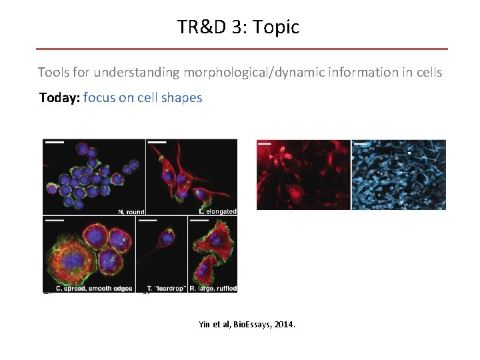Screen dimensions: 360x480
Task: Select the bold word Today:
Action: coord(59,98)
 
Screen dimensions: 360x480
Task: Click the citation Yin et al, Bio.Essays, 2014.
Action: coord(247,325)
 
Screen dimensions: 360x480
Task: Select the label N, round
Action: coord(131,212)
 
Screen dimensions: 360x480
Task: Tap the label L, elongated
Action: coord(218,211)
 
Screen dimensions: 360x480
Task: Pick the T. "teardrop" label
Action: coord(162,288)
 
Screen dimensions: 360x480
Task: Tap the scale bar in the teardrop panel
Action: coord(148,219)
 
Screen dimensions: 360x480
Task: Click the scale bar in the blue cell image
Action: coord(361,143)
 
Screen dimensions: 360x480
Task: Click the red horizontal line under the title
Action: coord(241,49)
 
